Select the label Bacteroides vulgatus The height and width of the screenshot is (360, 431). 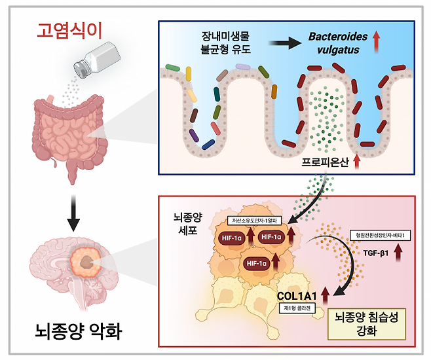(x=333, y=44)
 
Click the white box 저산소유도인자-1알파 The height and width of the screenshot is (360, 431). (x=252, y=221)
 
